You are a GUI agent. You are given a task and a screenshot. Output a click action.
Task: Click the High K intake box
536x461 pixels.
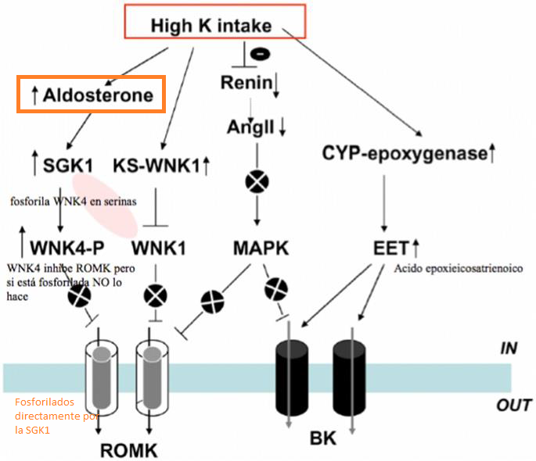[x=210, y=25]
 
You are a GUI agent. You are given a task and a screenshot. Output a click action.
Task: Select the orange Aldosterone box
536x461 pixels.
[x=92, y=95]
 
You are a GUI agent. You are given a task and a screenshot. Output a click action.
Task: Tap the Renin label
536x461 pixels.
[x=245, y=83]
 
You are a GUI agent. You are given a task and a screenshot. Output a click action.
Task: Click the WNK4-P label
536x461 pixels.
[x=63, y=249]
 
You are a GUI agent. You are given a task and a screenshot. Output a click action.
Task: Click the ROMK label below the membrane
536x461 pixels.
[x=129, y=451]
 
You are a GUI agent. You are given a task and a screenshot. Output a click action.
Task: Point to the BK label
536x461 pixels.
[x=323, y=438]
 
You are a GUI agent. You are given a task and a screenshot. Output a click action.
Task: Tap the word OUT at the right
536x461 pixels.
[x=514, y=405]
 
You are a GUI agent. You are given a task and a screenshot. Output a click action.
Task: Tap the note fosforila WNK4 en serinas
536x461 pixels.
[x=74, y=201]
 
